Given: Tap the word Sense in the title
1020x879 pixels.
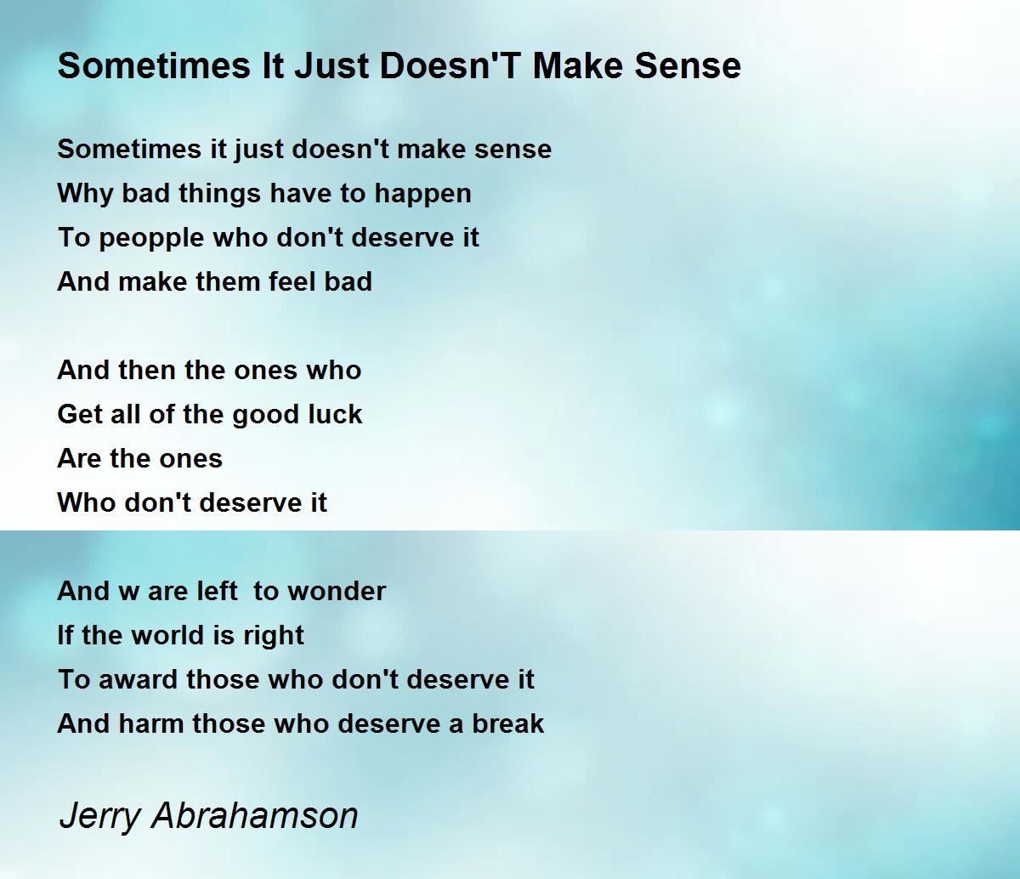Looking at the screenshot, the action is click(x=688, y=65).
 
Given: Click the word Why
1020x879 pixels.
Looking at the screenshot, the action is click(x=85, y=194).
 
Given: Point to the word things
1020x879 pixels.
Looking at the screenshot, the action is click(x=219, y=194).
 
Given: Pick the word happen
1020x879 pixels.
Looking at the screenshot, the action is click(x=422, y=194).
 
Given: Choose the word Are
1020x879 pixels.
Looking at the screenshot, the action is click(x=78, y=458).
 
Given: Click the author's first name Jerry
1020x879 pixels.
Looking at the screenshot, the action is click(x=100, y=818).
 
